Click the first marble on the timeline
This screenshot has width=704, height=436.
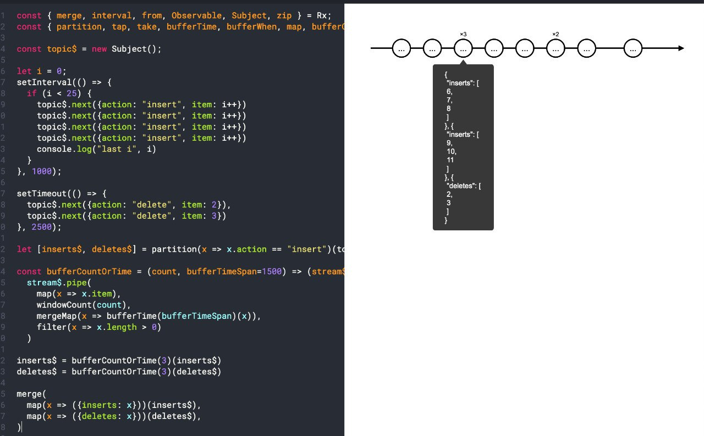click(402, 48)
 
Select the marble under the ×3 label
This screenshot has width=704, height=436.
click(463, 48)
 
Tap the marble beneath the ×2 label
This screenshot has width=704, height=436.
click(555, 48)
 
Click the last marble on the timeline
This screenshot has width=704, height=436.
click(634, 48)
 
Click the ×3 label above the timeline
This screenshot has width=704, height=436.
click(463, 35)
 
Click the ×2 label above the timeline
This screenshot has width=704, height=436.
click(555, 35)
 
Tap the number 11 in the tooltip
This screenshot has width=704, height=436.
click(451, 160)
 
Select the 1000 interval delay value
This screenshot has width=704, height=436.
click(42, 172)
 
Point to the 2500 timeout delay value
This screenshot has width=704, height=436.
click(42, 227)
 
